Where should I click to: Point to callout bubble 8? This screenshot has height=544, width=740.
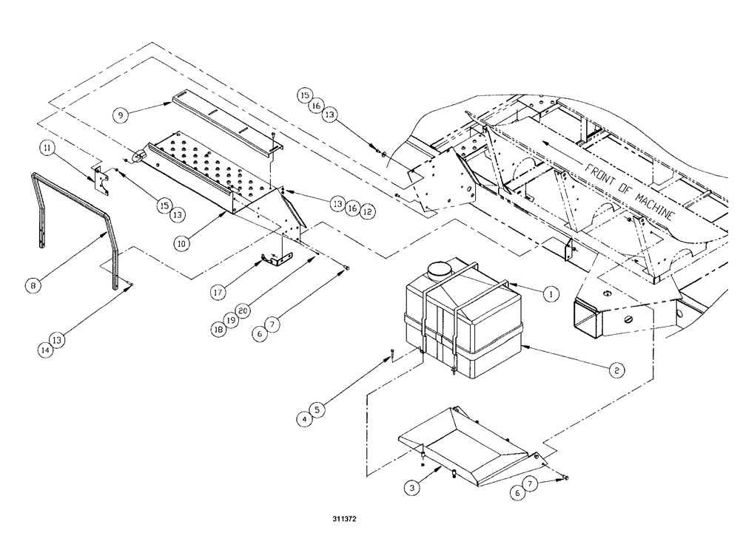coord(32,283)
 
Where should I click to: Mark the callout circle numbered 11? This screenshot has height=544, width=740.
coord(47,149)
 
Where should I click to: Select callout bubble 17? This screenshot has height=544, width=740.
coord(218,293)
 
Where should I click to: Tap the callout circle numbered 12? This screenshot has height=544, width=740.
coord(368,211)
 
